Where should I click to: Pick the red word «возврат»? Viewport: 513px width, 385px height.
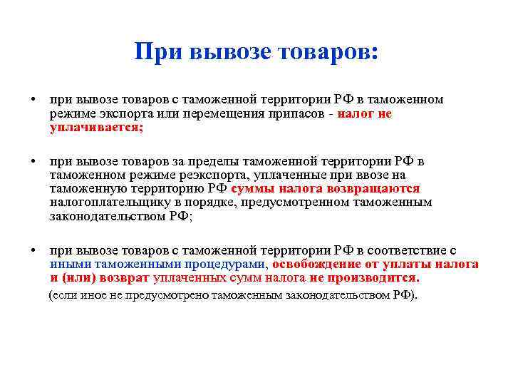click(115, 277)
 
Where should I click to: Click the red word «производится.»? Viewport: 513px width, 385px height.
click(375, 277)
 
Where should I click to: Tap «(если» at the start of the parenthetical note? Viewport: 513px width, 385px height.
click(60, 295)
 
